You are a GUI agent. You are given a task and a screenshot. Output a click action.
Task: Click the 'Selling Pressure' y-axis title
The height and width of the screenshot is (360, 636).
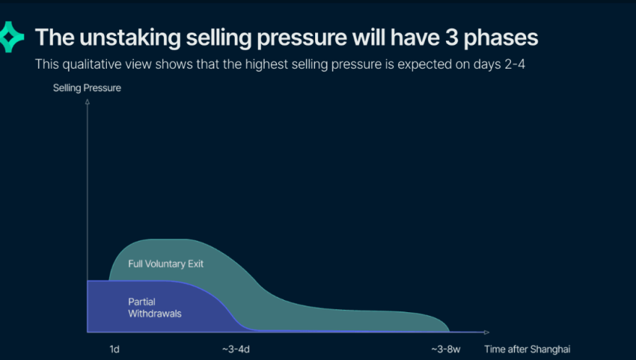coord(87,88)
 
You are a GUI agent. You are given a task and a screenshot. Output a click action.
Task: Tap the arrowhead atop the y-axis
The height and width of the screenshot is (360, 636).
coord(87,102)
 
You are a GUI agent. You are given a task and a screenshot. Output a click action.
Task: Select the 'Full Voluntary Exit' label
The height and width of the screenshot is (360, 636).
coord(166,264)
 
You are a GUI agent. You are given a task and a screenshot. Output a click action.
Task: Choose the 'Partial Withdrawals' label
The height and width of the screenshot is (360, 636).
coord(152,308)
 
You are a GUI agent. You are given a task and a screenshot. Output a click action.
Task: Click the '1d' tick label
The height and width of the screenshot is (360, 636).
coord(114,349)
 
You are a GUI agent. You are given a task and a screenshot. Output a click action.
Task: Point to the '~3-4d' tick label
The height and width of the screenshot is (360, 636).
coord(236,349)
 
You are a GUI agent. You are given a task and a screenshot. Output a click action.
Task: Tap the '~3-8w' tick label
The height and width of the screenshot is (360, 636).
coord(445,349)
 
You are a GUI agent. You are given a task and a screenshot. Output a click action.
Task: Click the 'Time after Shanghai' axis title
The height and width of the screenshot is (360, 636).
coord(527,349)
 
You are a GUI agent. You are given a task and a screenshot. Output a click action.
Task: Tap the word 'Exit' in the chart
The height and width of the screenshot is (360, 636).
coord(195,264)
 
